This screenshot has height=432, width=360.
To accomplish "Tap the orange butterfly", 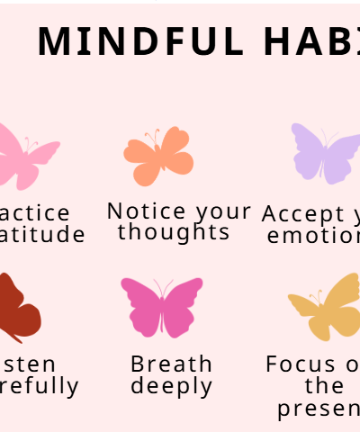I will click(158, 156).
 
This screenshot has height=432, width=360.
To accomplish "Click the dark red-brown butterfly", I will click(18, 309).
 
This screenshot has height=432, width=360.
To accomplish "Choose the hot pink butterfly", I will click(162, 307).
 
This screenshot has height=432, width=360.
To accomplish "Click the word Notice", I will click(147, 211).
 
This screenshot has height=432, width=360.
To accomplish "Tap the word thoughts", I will click(174, 231).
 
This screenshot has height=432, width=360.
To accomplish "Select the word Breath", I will click(172, 364).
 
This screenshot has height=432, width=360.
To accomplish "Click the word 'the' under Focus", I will click(324, 385).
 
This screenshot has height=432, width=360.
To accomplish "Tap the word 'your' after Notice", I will click(223, 211).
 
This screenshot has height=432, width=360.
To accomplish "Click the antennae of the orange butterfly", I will click(155, 136).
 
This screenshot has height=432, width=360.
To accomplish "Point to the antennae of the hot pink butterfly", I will click(163, 287).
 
